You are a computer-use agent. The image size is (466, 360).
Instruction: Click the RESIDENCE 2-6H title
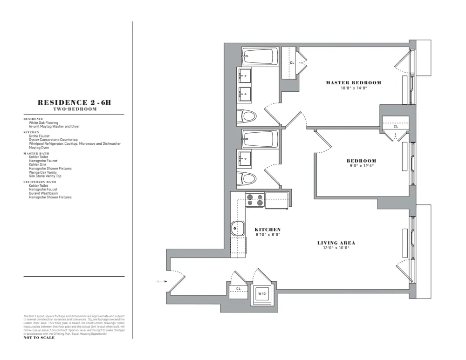coord(74,102)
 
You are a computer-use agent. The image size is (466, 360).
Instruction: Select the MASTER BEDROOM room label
coord(353,83)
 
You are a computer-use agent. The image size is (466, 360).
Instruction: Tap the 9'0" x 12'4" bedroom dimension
coord(361,166)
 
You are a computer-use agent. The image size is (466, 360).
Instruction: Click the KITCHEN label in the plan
coord(267,230)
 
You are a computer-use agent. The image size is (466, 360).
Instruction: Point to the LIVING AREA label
coord(336,243)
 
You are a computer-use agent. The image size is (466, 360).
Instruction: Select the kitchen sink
coord(238,229)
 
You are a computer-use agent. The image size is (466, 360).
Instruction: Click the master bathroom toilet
coord(247,116)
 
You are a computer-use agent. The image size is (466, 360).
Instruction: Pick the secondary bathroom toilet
coord(247,178)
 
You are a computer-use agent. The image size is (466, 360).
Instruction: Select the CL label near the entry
coord(238,289)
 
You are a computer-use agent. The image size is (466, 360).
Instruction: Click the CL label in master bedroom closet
coord(292,62)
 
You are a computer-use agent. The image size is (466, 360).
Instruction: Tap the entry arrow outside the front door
coord(159,281)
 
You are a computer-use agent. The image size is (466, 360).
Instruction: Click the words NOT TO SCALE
coord(39,338)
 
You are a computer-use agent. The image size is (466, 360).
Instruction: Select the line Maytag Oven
coord(39,148)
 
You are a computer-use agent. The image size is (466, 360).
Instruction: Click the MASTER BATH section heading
coord(36,154)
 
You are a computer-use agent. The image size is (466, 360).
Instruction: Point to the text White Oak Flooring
coord(43,123)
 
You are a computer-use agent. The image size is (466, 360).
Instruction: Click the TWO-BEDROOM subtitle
coord(75,109)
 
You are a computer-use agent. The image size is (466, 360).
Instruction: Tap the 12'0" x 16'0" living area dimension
coord(336,248)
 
